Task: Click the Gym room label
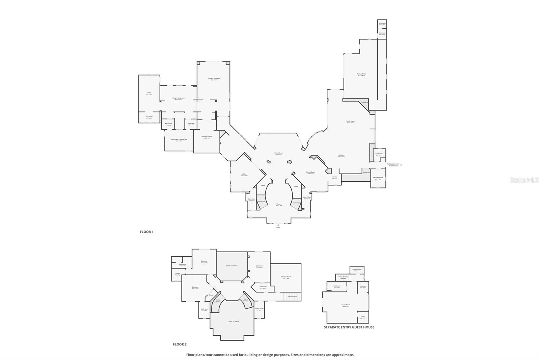pos(149,93)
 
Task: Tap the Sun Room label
pos(149,117)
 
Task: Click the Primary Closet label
pos(206,137)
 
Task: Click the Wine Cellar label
pos(307,198)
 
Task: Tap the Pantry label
pos(335,177)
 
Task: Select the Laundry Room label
pos(378,178)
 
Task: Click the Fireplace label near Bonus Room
pos(364,102)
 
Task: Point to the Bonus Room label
pos(361,74)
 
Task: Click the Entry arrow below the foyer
pos(278,225)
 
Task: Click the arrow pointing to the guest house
pos(401,165)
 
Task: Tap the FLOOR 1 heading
pos(147,232)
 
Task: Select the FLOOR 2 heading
pos(180,344)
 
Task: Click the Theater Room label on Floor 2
pos(286,277)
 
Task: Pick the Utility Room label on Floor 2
pos(259,309)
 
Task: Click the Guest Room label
pos(346,305)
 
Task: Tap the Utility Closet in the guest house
pos(357,270)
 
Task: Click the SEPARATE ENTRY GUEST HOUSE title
pos(349,327)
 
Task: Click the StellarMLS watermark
pos(524,180)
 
